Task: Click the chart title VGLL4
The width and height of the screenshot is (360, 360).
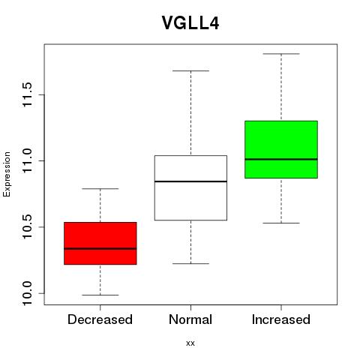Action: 190,23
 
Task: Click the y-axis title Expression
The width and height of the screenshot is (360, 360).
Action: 7,174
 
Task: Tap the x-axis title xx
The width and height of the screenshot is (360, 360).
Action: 190,343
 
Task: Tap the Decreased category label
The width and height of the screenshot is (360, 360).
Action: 100,319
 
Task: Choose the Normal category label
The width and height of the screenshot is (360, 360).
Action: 190,319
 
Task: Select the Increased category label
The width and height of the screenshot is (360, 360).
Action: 281,319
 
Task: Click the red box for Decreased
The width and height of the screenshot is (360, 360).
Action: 100,243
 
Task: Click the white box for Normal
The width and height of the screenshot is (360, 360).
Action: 190,187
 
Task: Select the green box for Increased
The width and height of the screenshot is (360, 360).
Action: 281,149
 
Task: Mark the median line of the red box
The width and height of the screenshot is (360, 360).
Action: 100,248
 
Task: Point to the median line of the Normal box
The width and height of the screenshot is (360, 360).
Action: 190,181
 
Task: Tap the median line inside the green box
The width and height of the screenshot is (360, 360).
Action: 281,159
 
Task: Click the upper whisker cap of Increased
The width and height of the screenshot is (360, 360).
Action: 281,54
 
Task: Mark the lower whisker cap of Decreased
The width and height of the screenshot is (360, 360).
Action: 100,295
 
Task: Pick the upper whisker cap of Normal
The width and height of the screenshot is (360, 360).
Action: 190,70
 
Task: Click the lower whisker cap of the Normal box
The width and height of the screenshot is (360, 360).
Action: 190,263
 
